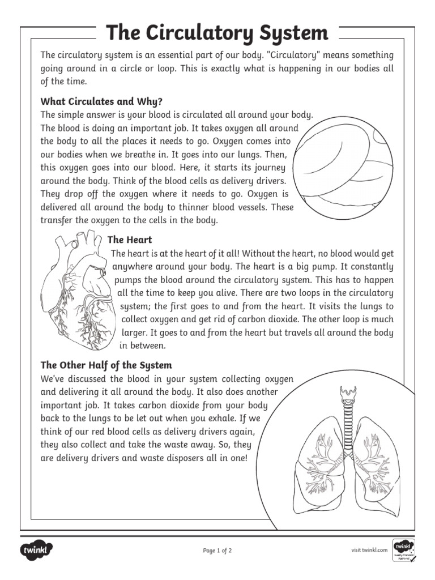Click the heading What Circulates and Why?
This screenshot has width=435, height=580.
click(x=101, y=102)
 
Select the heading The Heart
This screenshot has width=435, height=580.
click(x=130, y=240)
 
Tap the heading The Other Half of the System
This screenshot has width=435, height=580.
click(x=106, y=365)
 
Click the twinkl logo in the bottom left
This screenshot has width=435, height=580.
click(x=37, y=549)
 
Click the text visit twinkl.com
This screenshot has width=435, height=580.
click(x=369, y=550)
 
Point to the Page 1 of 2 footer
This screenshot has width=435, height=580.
click(x=217, y=550)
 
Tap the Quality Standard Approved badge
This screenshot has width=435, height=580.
click(x=403, y=550)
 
